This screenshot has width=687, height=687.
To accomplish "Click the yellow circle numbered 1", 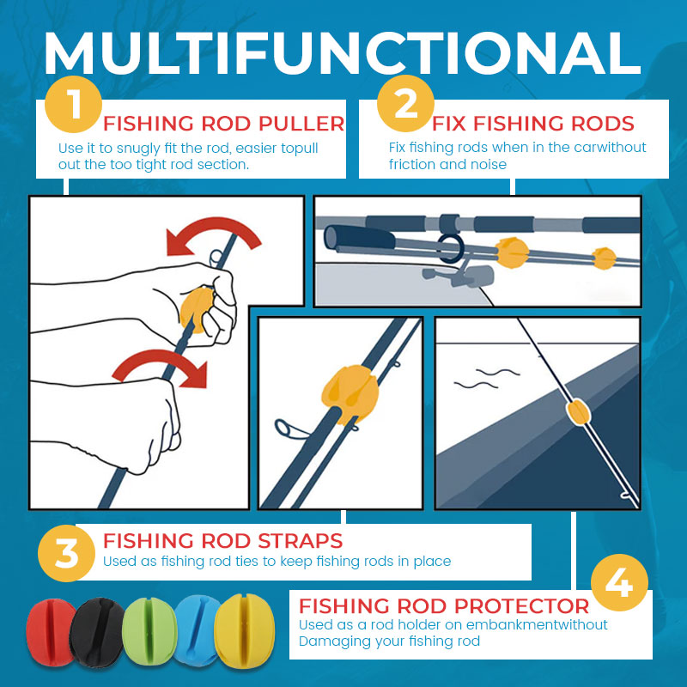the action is coord(73,104).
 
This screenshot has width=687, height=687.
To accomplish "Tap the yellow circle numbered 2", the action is coord(405,103).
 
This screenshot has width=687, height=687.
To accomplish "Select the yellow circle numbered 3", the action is coord(66,553).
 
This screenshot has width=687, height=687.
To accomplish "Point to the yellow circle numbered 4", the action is coord(619,583).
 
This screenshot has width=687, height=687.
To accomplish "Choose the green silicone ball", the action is coord(149,631).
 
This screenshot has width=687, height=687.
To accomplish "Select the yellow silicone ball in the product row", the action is coord(246,631).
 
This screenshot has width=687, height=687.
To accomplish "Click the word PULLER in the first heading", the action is coord(301,124).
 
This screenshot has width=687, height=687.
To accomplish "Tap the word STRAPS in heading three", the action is coord(300,541).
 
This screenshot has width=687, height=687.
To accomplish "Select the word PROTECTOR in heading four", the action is coord(522,606).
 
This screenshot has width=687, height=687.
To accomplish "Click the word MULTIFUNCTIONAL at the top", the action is coord(343,53).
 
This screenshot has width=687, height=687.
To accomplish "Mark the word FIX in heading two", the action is coord(449,124).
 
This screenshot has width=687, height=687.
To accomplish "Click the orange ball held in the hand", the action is coord(196,309).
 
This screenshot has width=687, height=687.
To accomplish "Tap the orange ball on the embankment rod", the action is coord(578,412).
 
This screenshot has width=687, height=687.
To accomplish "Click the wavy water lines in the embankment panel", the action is coord(487,379).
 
